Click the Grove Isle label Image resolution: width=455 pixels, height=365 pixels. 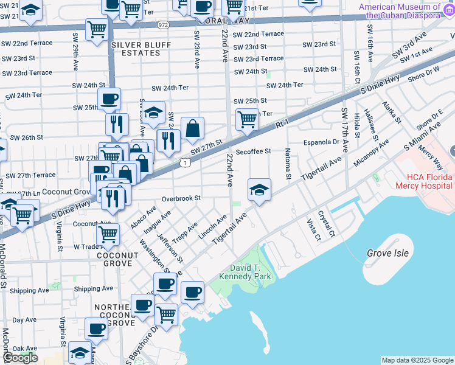coord(387,252)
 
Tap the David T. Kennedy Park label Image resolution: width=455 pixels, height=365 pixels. coord(250,273)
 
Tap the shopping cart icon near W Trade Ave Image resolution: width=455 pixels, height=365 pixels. coord(108,233)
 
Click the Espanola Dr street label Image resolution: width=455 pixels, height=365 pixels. coord(322,142)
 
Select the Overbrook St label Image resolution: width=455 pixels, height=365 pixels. coord(181,198)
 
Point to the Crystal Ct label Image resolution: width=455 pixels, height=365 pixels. coord(330,225)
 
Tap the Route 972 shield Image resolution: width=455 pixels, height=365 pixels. coord(162,25)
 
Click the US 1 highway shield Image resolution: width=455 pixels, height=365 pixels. coord(184,162)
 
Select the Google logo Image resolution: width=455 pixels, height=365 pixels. coord(20,358)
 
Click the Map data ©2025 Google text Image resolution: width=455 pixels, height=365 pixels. coord(417,360)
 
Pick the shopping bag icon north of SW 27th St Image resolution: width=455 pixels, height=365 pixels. coord(192,128)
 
